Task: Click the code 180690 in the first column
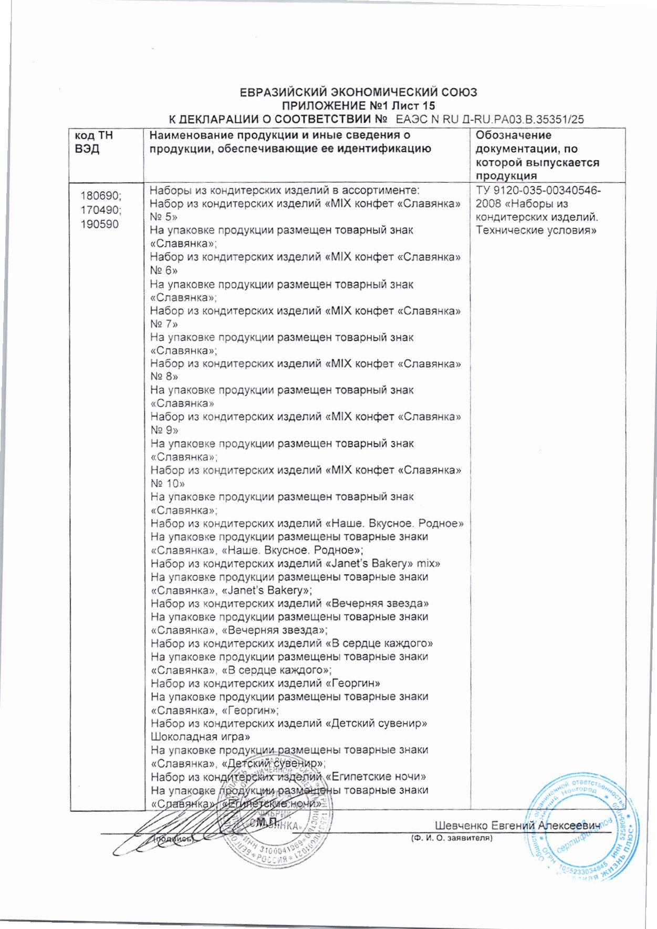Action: coord(100,196)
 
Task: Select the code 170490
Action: coord(100,210)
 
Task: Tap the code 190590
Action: coord(99,224)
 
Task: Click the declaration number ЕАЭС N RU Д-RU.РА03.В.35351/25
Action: coord(489,119)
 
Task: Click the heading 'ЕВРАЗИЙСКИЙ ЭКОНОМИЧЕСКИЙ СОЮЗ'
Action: coord(358,93)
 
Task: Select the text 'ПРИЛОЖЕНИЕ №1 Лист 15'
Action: coord(359,106)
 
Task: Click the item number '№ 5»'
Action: coord(163,217)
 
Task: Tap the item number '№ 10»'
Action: coord(168,484)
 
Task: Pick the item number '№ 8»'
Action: coord(164,377)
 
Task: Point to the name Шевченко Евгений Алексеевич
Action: coord(517,825)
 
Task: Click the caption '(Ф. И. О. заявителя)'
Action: coord(452,838)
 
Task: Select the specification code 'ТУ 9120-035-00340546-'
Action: coord(538,190)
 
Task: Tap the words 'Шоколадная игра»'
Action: coord(200,737)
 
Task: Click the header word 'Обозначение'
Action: coord(513,135)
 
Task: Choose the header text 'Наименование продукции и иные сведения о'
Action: coord(280,135)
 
